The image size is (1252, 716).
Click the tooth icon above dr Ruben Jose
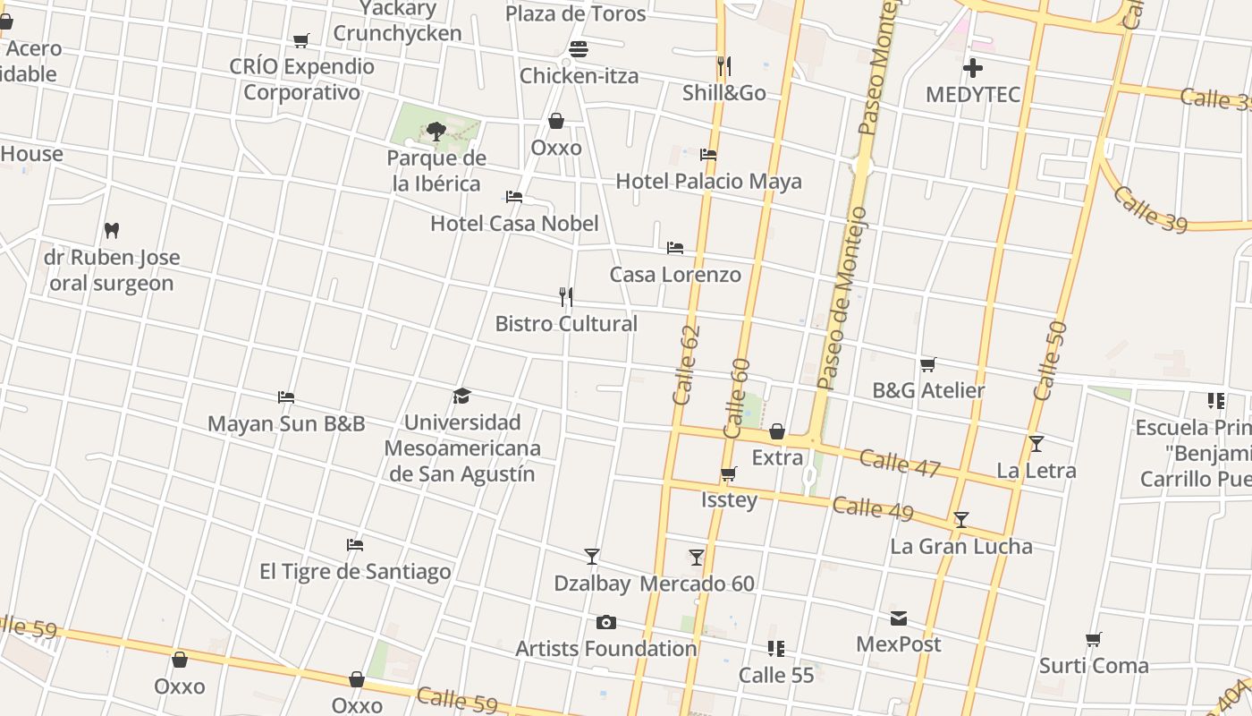click(x=112, y=230)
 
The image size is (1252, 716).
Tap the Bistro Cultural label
click(x=566, y=323)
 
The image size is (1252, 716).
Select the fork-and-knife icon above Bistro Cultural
click(x=565, y=296)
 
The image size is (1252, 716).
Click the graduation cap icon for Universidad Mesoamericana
click(x=461, y=396)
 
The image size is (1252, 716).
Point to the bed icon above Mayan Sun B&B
click(x=286, y=396)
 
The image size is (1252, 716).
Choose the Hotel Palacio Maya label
click(x=708, y=182)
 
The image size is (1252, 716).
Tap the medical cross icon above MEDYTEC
click(x=973, y=67)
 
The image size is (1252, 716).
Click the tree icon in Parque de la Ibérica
click(x=436, y=132)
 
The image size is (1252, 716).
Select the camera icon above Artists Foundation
click(x=605, y=622)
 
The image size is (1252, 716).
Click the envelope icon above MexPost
click(x=899, y=618)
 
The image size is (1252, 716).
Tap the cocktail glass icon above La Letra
click(x=1036, y=444)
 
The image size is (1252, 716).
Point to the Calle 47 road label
click(x=900, y=463)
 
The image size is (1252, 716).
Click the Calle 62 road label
click(x=686, y=365)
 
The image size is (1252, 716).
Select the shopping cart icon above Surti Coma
click(x=1093, y=640)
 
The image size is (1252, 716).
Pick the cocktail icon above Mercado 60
click(x=697, y=558)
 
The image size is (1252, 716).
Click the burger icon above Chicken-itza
click(x=579, y=49)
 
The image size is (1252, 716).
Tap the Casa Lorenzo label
click(x=675, y=275)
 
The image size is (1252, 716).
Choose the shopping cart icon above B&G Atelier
click(x=928, y=364)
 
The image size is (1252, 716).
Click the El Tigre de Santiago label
click(x=355, y=571)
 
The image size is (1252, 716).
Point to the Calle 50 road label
click(x=1050, y=361)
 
